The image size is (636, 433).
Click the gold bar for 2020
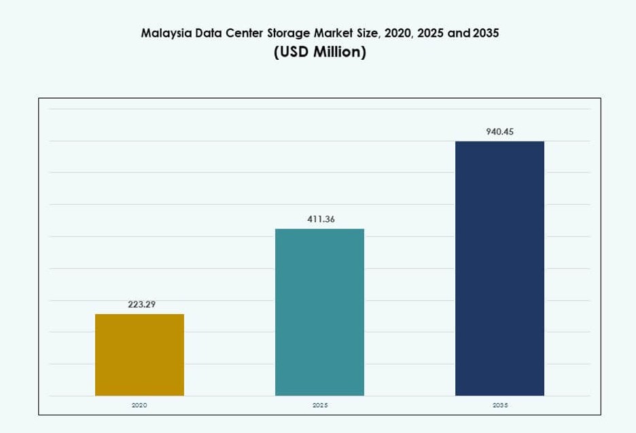pyautogui.click(x=139, y=355)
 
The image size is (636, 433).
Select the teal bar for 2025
pyautogui.click(x=319, y=312)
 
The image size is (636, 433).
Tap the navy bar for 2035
pyautogui.click(x=499, y=269)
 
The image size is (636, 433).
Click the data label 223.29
pyautogui.click(x=142, y=305)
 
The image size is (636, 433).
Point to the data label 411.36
pyautogui.click(x=321, y=220)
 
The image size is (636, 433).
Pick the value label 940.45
pyautogui.click(x=500, y=132)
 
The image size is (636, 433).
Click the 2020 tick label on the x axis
pyautogui.click(x=139, y=405)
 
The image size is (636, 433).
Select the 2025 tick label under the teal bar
pyautogui.click(x=320, y=405)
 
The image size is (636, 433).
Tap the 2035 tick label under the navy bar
pyautogui.click(x=499, y=405)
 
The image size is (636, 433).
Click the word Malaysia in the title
pyautogui.click(x=165, y=33)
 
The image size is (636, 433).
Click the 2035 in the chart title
pyautogui.click(x=485, y=33)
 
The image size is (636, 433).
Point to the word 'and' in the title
pyautogui.click(x=459, y=33)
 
